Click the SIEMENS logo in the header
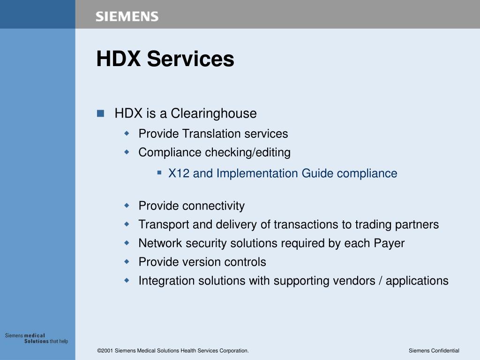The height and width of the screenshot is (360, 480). tap(127, 17)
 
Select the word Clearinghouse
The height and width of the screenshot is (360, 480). tap(213, 113)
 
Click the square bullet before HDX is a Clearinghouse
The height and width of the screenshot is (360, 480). tap(100, 113)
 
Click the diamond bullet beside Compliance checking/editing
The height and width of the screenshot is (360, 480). tap(127, 152)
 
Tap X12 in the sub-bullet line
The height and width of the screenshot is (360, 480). tap(179, 173)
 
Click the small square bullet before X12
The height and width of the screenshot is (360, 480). tap(159, 173)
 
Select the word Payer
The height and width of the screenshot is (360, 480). tap(389, 243)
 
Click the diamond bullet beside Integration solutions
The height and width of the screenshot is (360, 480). tap(127, 280)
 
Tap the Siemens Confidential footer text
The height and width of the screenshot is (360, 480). tap(434, 351)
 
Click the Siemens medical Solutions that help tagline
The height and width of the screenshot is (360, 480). tap(37, 338)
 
